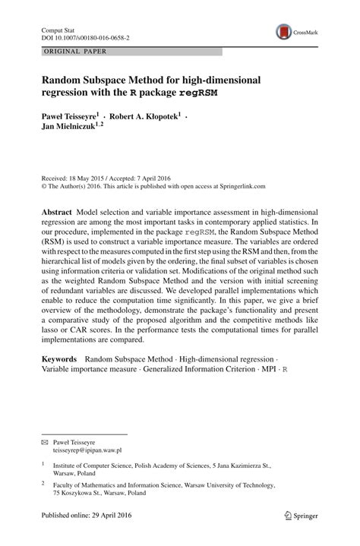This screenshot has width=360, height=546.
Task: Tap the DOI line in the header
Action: click(84, 36)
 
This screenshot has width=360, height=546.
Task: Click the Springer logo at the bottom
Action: click(302, 534)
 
